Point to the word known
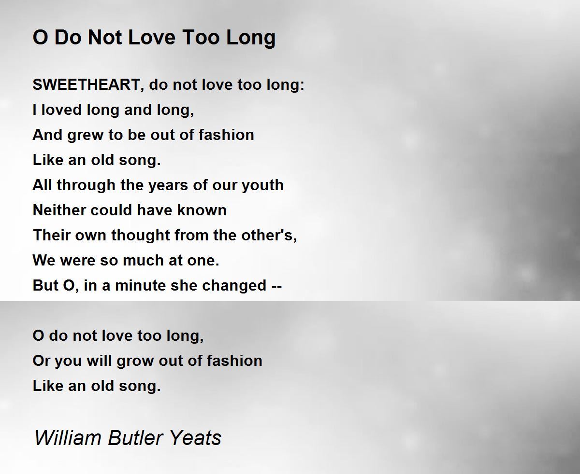[202, 210]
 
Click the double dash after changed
[276, 287]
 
